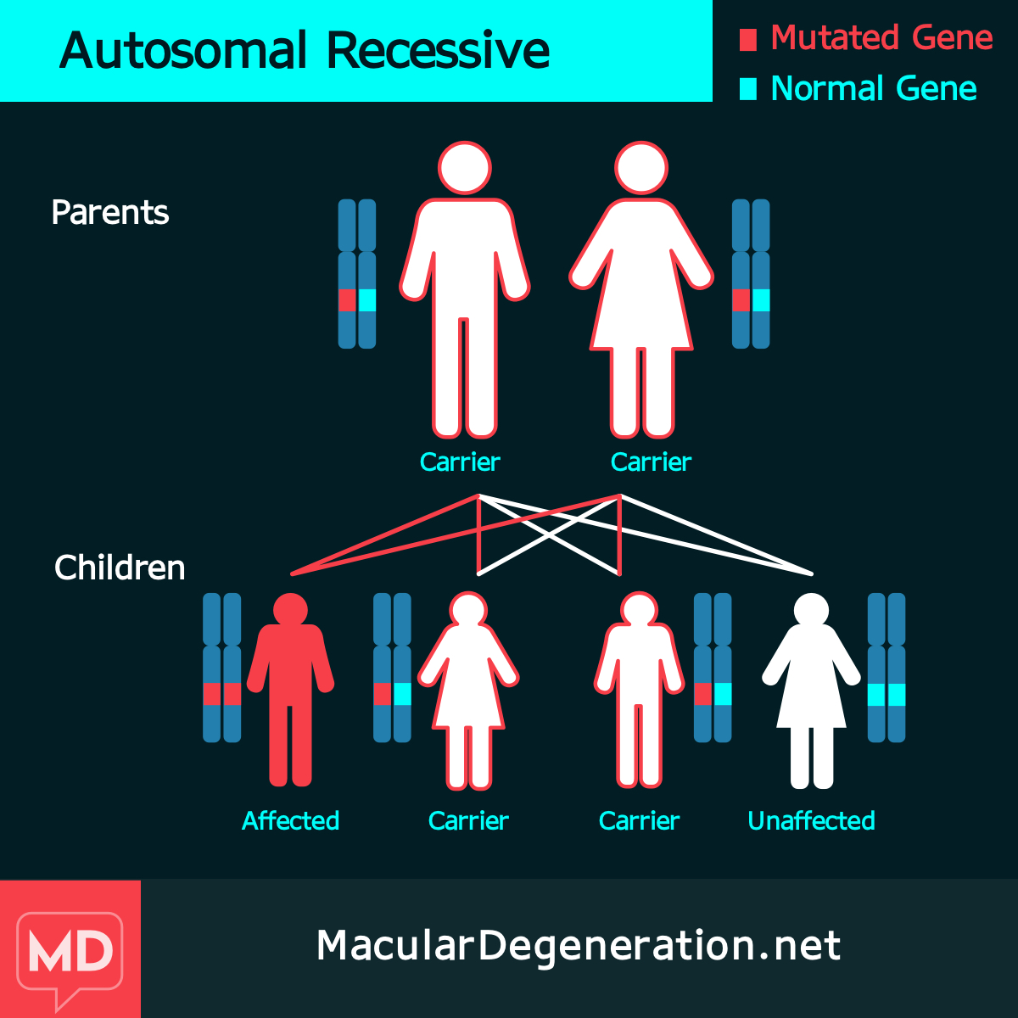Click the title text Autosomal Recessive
[x=305, y=51]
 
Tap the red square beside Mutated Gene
[x=748, y=40]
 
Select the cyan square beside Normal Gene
[x=748, y=89]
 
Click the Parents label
[x=109, y=212]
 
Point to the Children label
[x=120, y=568]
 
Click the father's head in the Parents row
[x=464, y=168]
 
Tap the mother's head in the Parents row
[x=641, y=168]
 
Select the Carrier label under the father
[x=460, y=462]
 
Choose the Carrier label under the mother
[x=651, y=462]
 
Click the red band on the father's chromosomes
[x=347, y=300]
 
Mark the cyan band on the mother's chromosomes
[x=761, y=300]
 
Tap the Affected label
[x=290, y=820]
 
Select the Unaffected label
[x=811, y=820]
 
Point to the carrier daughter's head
[x=468, y=609]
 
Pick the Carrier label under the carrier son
[x=639, y=820]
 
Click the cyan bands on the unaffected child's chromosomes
[x=887, y=695]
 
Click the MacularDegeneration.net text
[x=579, y=945]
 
